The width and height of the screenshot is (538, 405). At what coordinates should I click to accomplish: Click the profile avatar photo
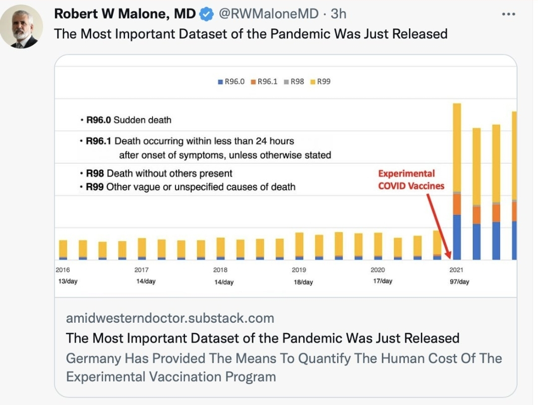pos(25,28)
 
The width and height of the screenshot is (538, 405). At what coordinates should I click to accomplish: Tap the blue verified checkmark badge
pos(206,14)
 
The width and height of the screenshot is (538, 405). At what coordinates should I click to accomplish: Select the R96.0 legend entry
pos(231,81)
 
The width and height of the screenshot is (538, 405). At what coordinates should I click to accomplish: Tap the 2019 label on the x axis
pos(299,270)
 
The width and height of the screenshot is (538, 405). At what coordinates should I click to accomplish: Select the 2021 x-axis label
pos(456,270)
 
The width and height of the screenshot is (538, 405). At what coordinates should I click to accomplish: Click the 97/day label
pos(459,282)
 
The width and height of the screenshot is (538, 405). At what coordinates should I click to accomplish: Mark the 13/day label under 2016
pos(67,281)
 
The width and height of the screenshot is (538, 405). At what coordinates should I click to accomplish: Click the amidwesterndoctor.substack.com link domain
pos(170,318)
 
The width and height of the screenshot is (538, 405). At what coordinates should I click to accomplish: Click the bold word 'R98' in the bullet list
pos(96,174)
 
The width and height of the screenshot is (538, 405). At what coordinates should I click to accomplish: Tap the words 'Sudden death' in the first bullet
pos(142,120)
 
